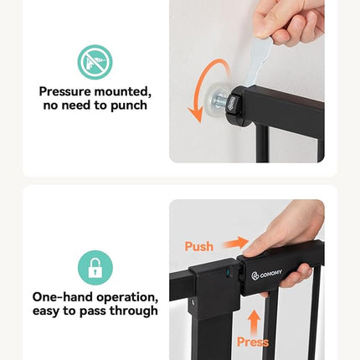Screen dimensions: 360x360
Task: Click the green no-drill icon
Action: [95, 62]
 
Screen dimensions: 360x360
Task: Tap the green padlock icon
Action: [95, 267]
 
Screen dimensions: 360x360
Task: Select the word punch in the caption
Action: [131, 105]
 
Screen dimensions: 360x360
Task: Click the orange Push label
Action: [198, 246]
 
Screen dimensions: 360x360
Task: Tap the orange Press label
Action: [253, 342]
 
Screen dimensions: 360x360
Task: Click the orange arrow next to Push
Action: [235, 242]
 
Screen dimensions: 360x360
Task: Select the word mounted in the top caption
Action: [126, 92]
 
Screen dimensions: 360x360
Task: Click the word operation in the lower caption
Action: [127, 297]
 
